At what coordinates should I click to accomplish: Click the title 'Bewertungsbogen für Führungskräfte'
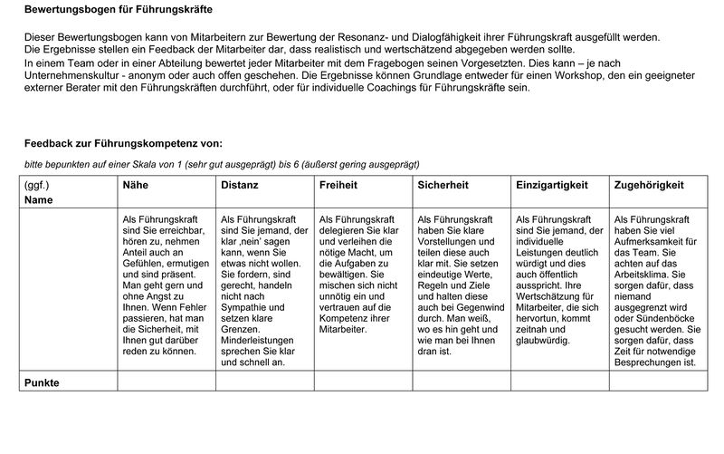point(118,11)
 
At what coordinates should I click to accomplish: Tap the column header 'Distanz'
point(239,185)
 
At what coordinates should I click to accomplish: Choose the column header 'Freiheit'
point(338,185)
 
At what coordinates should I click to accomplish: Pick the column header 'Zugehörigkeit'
point(648,185)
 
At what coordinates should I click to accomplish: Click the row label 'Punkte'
point(41,383)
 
